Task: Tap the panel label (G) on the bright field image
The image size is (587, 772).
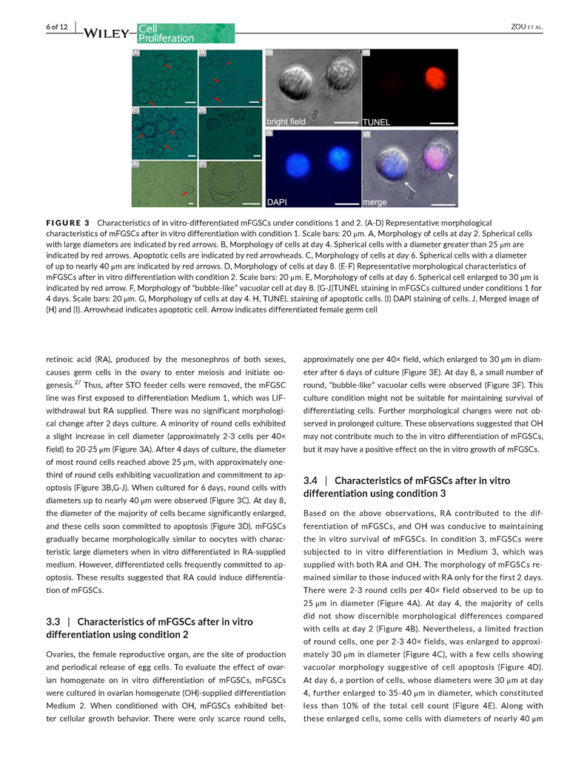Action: (269, 53)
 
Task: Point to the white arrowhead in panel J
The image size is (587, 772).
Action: (447, 176)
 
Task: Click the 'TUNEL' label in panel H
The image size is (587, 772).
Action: (377, 121)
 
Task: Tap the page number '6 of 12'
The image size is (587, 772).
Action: (56, 27)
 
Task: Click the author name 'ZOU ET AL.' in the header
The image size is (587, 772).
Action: (526, 27)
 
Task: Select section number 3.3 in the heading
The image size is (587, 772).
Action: (55, 622)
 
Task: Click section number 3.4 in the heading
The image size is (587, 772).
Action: (312, 480)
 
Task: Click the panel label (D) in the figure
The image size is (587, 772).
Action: (202, 110)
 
